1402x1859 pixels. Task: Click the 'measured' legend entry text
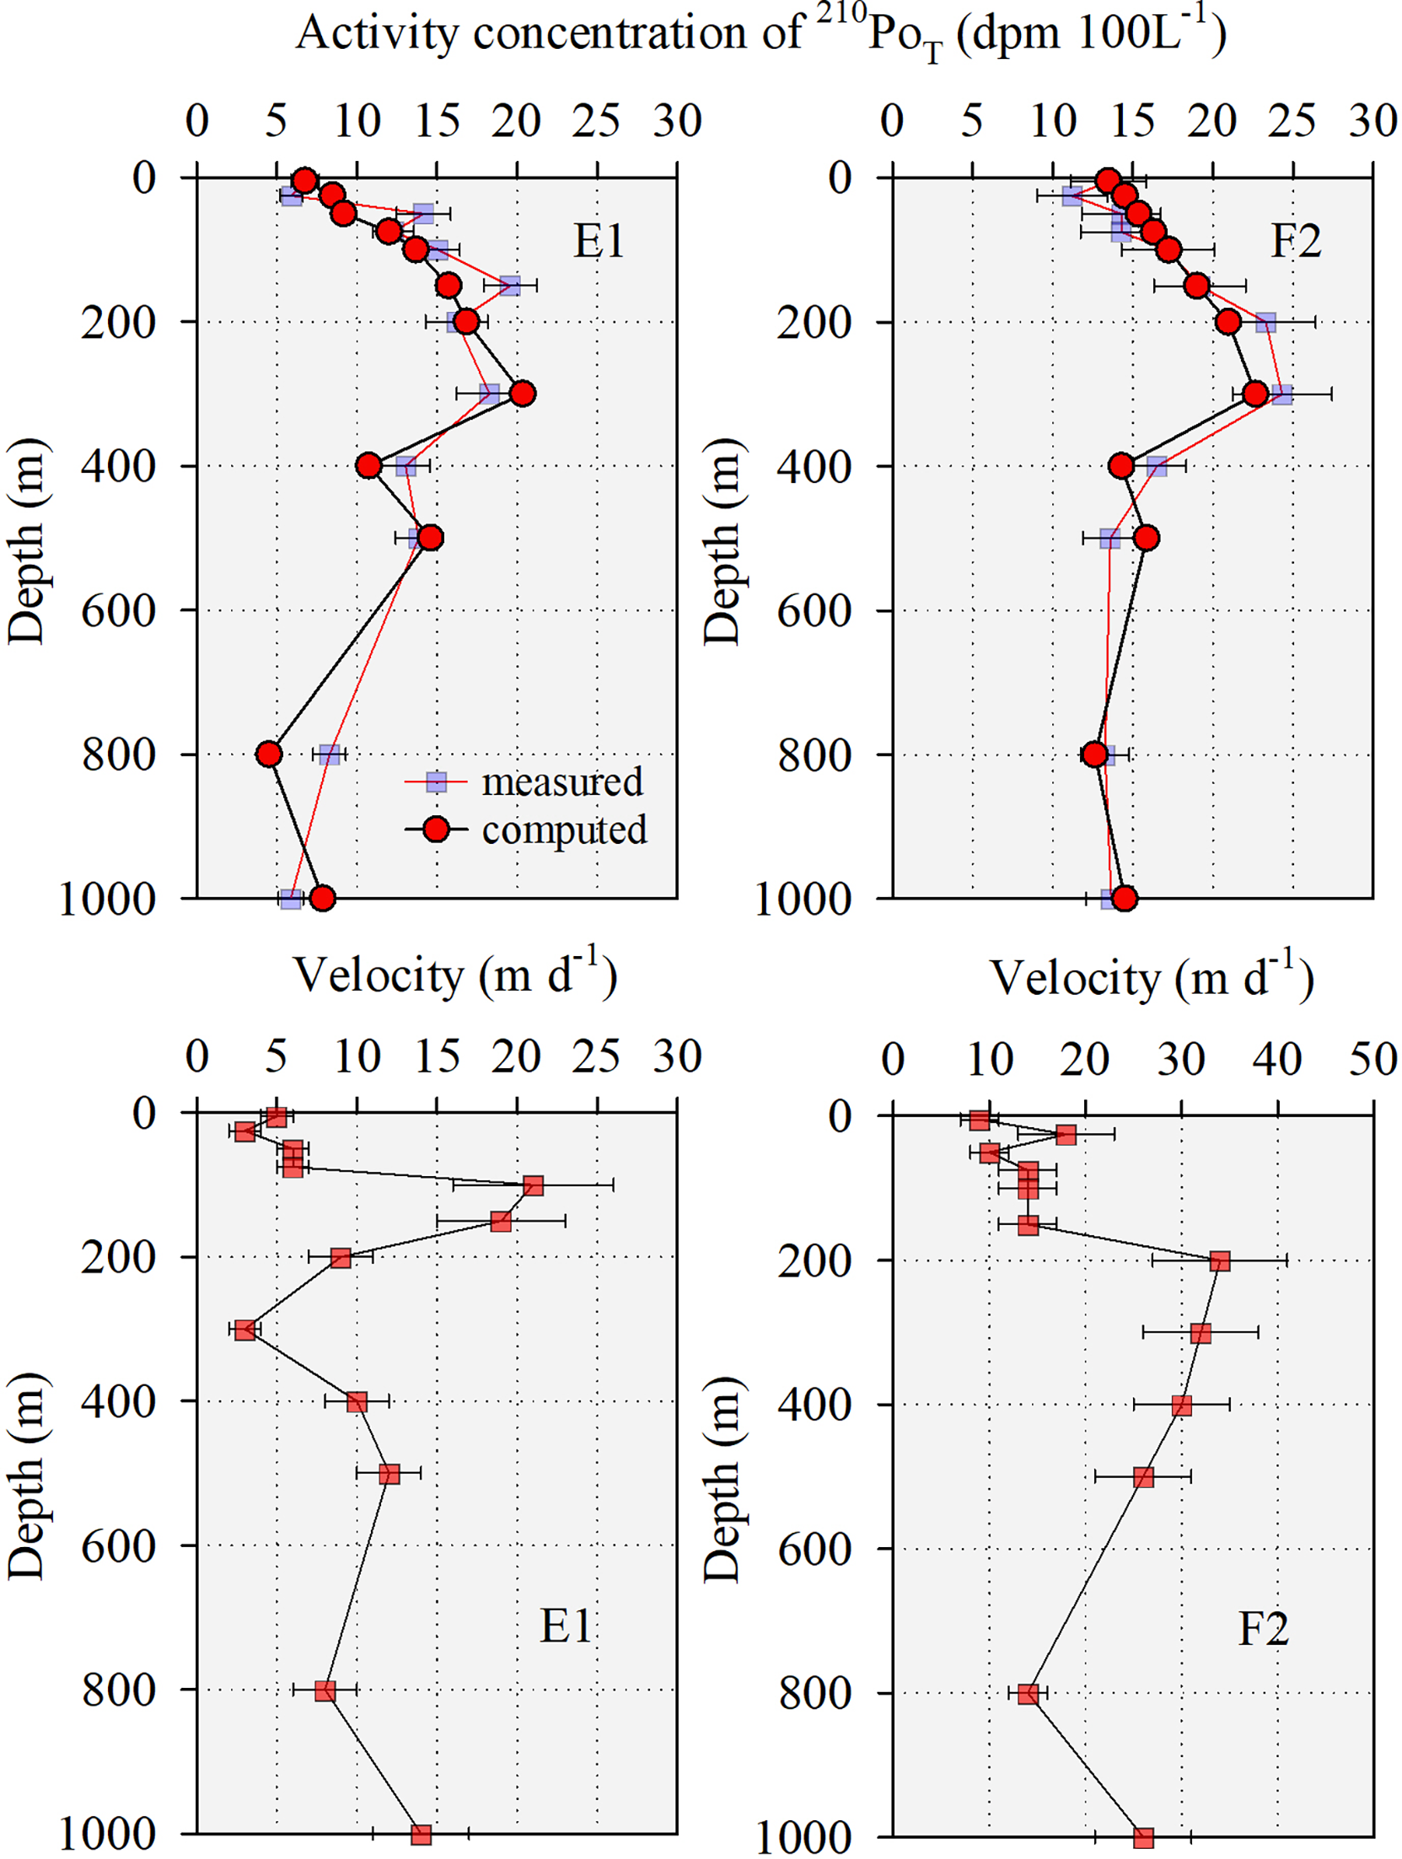click(561, 782)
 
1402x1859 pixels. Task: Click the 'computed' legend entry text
click(563, 830)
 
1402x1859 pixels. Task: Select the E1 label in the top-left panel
click(599, 241)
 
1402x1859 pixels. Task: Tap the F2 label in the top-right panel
click(1295, 241)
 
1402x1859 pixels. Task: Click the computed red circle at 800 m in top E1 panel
click(269, 754)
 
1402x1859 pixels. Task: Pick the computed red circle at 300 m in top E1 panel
click(522, 393)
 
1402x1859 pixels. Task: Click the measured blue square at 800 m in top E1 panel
click(330, 755)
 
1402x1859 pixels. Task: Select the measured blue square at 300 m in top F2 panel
click(1281, 394)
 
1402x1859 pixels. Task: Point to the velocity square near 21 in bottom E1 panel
click(533, 1185)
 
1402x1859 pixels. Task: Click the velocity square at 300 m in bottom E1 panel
click(245, 1330)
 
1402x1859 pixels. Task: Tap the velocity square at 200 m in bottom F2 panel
click(1219, 1261)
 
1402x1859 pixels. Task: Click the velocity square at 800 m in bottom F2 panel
click(1028, 1694)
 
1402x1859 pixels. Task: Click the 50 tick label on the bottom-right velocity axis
click(1372, 1059)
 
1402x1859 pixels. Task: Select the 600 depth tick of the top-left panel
click(119, 610)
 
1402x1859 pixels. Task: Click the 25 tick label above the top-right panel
click(1292, 121)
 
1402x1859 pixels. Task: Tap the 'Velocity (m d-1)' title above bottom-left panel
click(454, 975)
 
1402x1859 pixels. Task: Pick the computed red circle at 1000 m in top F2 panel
click(1124, 899)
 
